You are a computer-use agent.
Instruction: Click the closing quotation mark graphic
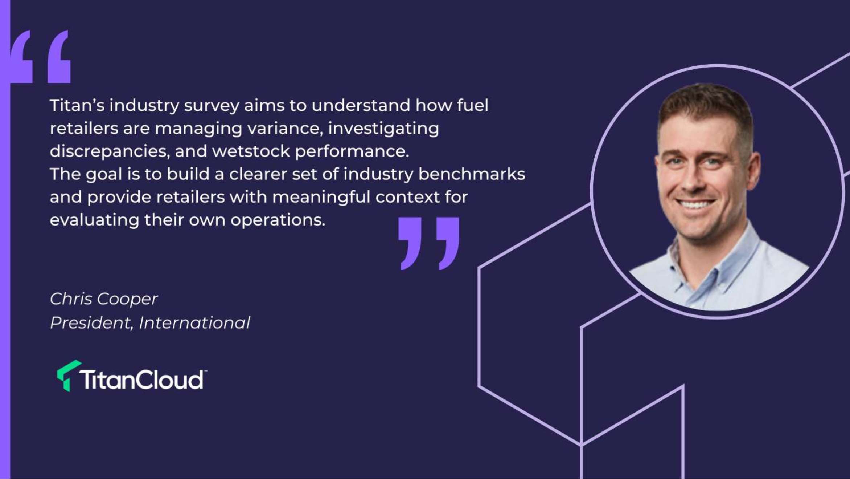pos(428,243)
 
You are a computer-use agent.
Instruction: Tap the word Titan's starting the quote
pos(77,105)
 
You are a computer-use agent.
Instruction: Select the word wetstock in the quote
pos(251,151)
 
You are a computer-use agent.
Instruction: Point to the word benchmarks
pos(472,174)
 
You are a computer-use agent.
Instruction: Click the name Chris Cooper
pos(104,299)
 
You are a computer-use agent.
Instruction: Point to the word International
pos(194,323)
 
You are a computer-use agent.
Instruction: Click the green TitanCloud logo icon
pos(68,376)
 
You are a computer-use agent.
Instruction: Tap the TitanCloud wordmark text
pos(143,380)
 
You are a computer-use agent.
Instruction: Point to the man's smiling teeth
pos(695,204)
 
